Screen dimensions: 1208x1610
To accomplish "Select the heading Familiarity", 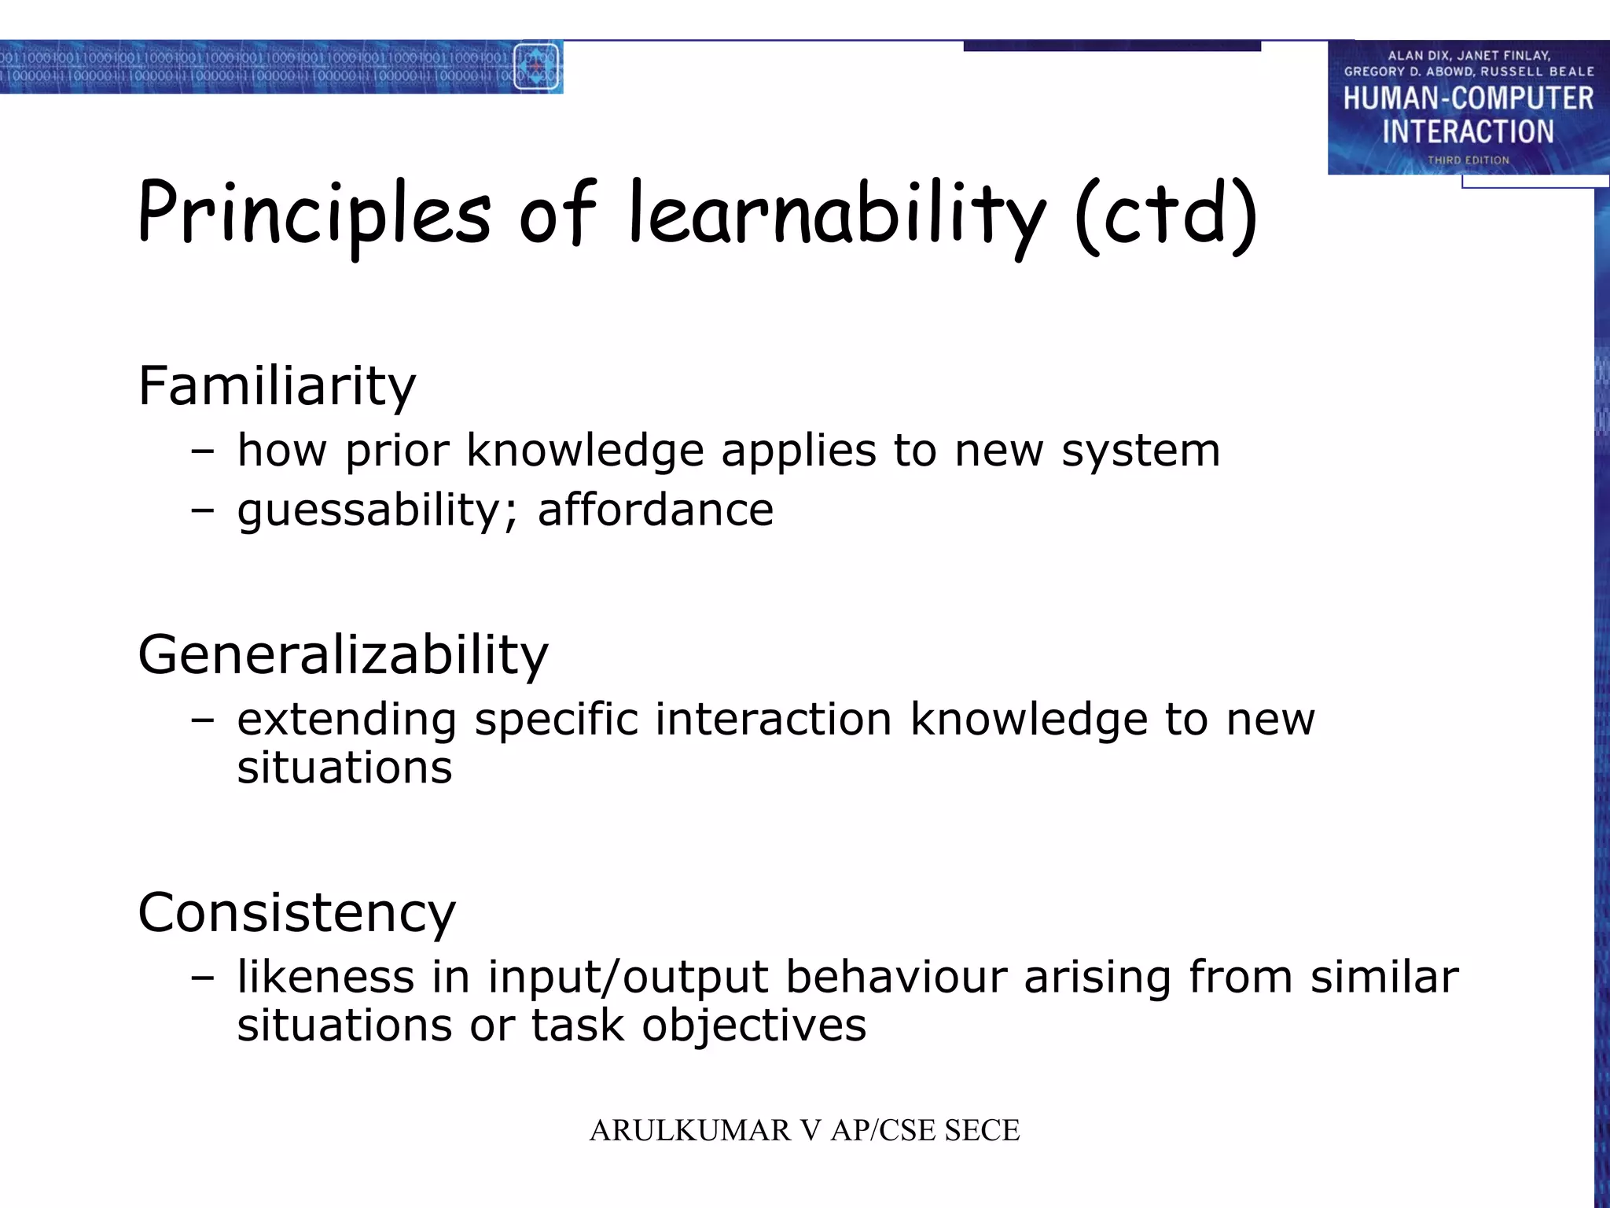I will pos(277,386).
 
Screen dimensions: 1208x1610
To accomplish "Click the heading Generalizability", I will pos(343,654).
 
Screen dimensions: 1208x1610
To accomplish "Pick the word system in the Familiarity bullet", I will pos(1141,451).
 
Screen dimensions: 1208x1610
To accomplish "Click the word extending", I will pos(347,720).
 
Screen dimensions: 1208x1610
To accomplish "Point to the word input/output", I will pos(627,978).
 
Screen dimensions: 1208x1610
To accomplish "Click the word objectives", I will pos(754,1026).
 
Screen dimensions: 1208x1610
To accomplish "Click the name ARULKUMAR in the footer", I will pos(690,1130).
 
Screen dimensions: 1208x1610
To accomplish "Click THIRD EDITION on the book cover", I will pos(1468,160).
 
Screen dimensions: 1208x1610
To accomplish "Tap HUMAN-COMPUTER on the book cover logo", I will pos(1468,99).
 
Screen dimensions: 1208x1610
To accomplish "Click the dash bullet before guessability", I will pos(202,510).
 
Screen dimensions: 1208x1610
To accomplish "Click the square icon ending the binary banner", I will pos(536,67).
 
